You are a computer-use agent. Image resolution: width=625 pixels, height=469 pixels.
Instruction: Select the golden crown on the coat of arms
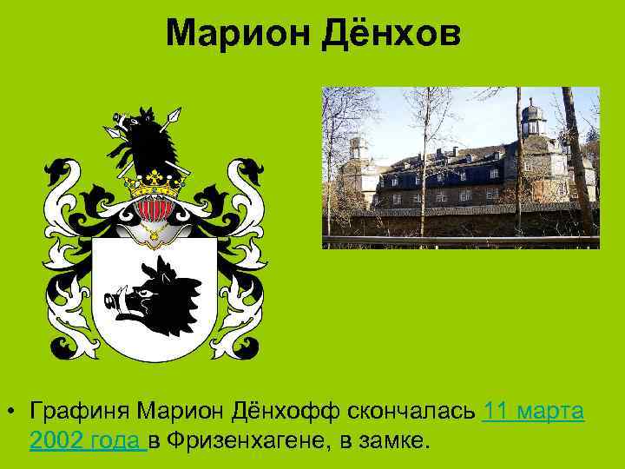click(x=155, y=182)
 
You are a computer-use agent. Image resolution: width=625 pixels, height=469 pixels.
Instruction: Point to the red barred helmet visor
click(x=155, y=208)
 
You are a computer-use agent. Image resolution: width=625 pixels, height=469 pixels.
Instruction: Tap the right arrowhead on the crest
click(x=176, y=112)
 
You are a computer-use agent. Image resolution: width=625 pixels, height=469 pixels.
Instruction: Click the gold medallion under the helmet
click(x=155, y=232)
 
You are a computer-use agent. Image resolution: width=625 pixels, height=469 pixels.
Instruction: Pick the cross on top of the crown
click(x=155, y=172)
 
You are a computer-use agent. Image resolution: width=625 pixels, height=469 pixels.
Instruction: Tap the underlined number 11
click(x=497, y=410)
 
